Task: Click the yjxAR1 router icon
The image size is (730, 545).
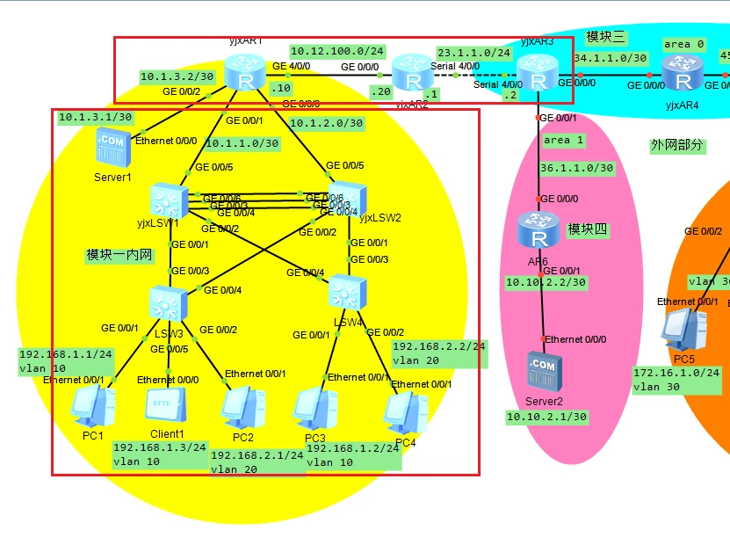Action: point(244,72)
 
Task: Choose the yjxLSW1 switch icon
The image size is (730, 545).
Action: point(167,200)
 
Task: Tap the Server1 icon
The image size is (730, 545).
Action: point(112,148)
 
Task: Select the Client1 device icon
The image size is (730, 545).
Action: point(166,406)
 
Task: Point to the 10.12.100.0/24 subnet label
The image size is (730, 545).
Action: point(337,51)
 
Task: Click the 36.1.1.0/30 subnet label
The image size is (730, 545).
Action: point(577,167)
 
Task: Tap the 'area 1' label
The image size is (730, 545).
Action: point(563,140)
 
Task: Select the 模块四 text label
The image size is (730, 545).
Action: point(589,229)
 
